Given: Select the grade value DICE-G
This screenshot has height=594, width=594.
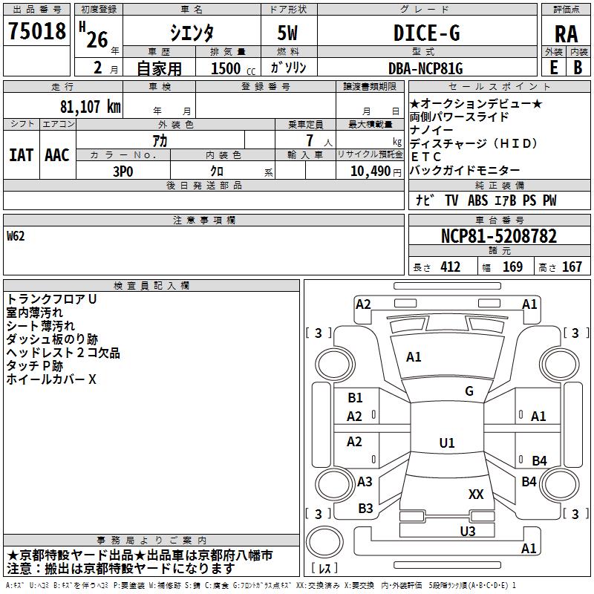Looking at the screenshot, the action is [x=426, y=33].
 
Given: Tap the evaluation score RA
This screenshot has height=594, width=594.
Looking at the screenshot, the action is [x=566, y=34].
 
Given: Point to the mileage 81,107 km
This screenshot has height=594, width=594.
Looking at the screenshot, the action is [x=90, y=106].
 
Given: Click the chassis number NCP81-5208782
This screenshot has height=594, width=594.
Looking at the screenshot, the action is [x=498, y=236].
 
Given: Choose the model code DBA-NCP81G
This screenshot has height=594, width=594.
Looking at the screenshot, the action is [x=425, y=68].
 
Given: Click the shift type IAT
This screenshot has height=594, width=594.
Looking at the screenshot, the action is [x=22, y=155].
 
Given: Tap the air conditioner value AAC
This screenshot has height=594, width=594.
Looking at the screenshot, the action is [x=57, y=155].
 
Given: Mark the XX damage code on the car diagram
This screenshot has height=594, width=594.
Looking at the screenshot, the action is [x=476, y=494].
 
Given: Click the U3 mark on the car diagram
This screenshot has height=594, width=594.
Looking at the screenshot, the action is [x=467, y=531].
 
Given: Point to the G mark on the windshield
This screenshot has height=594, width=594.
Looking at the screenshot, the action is [x=469, y=391].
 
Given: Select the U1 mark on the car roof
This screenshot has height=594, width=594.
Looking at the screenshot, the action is [x=447, y=443].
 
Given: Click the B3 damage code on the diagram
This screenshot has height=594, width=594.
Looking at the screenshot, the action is [x=365, y=509].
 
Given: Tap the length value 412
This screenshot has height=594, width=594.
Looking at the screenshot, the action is [x=449, y=267].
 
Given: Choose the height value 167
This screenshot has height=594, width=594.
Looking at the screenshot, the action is [x=572, y=267].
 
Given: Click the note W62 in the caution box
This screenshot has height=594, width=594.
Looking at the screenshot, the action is [x=16, y=238].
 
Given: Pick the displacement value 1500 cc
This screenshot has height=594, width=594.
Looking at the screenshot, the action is [x=231, y=69].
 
